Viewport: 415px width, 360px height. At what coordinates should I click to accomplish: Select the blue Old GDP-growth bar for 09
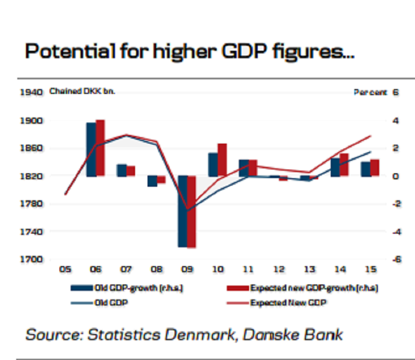tap(183, 211)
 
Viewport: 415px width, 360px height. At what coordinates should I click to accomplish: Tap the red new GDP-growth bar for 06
tap(100, 148)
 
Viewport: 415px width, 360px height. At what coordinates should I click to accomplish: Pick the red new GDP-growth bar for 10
tap(222, 160)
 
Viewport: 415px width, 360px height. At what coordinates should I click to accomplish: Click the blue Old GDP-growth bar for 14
tap(336, 167)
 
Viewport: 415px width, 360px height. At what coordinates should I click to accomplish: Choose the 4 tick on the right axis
tap(396, 120)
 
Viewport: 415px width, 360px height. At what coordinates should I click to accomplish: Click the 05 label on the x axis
tap(65, 269)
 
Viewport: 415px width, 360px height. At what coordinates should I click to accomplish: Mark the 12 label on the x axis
tap(279, 269)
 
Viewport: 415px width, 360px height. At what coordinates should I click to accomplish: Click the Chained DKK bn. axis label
tap(82, 91)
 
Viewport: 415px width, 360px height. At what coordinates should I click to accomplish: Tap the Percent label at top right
tap(370, 92)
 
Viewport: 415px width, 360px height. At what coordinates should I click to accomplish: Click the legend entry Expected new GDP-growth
tap(313, 288)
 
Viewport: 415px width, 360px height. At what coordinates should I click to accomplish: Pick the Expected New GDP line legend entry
tap(289, 303)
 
